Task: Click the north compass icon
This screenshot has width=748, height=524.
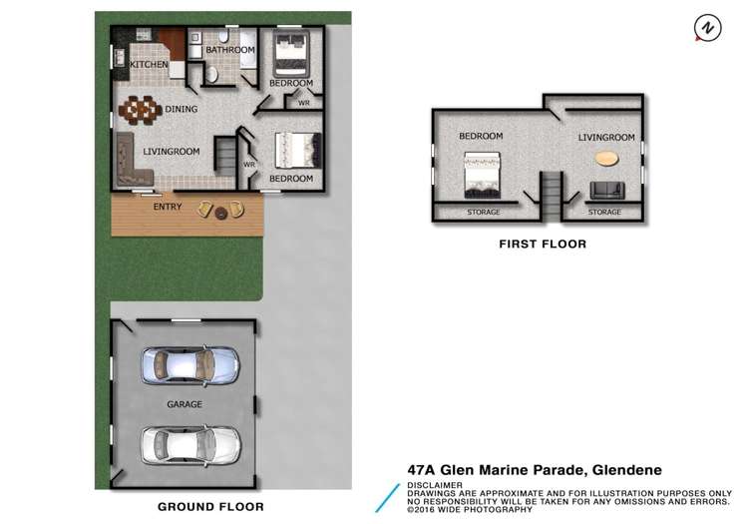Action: pos(706,28)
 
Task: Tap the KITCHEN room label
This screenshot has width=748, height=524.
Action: pos(149,65)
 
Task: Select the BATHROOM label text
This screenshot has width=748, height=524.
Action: pos(230,49)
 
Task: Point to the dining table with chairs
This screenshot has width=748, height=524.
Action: pos(140,107)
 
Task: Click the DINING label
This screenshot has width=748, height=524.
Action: pos(183,110)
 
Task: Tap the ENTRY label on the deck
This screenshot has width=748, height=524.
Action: pos(168,208)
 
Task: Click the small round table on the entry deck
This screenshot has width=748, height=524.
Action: pos(220,210)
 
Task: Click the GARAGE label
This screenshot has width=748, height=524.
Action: pos(185,404)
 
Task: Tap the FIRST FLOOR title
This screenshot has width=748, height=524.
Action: pos(544,244)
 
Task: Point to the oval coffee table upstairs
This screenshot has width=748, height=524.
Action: pos(605,157)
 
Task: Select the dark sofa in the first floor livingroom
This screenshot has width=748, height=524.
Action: pos(606,190)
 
